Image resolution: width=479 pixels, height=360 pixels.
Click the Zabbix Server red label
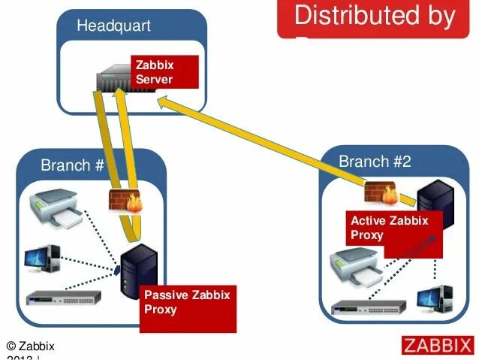point(164,72)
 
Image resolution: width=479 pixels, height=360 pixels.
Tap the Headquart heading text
point(113,26)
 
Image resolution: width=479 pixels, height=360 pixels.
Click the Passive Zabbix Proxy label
point(188,302)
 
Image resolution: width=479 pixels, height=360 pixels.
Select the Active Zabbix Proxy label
point(389,228)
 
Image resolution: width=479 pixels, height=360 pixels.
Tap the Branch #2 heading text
point(375,162)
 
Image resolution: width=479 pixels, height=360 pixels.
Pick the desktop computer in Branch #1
point(44,258)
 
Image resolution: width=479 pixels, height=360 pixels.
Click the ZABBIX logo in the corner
point(437,346)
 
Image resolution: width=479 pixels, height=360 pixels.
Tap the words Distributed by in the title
point(375,16)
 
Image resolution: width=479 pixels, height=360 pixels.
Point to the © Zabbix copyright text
point(31,346)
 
